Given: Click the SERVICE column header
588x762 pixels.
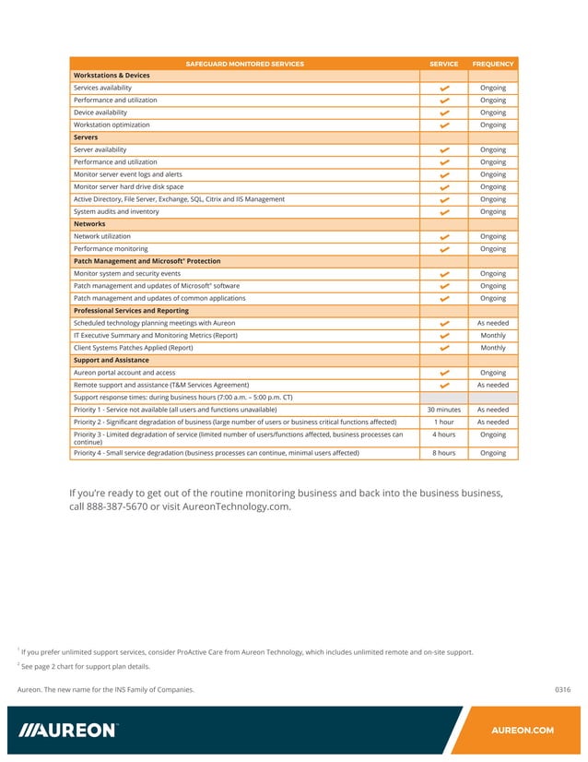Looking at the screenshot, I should (x=443, y=64).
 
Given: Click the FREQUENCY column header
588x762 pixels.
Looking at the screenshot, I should (x=492, y=64).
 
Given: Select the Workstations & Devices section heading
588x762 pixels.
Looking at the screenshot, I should (x=112, y=76).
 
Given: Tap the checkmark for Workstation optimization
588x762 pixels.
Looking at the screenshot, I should (x=444, y=125).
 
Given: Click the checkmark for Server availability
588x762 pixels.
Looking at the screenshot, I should (x=444, y=150).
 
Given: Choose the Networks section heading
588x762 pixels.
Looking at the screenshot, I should (x=89, y=224).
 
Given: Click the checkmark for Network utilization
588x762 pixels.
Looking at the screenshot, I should (x=444, y=237).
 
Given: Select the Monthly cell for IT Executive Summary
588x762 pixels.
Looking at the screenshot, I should (x=492, y=336).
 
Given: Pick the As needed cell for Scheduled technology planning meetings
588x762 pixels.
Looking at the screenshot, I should (x=492, y=324).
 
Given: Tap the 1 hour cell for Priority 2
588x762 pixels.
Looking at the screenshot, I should (x=443, y=423).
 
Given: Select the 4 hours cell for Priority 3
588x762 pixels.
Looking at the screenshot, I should (x=443, y=435).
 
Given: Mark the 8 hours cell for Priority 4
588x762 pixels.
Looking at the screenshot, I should (x=443, y=453).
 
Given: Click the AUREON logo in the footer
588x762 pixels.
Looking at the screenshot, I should (x=69, y=731).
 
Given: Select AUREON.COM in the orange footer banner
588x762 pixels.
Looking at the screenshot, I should (x=523, y=731).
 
